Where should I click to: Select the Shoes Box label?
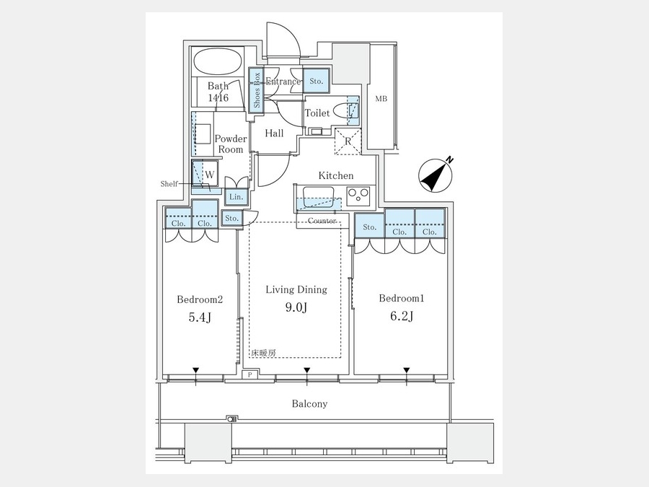(x=257, y=90)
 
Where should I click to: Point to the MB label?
(x=381, y=99)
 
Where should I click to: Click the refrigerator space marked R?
(x=348, y=141)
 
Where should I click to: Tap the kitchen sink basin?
(x=318, y=196)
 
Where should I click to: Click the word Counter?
(x=322, y=221)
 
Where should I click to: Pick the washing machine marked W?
(x=205, y=174)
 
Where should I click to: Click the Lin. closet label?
(x=237, y=197)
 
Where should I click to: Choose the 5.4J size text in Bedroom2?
(x=200, y=317)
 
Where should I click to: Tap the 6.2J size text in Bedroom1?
(x=402, y=316)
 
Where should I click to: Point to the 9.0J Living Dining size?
(x=296, y=307)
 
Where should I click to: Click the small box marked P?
(x=250, y=374)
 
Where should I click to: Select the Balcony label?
(x=309, y=404)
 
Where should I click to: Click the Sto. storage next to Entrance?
(x=317, y=81)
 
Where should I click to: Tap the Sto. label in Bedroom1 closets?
(x=370, y=227)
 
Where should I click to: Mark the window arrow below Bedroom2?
(x=195, y=370)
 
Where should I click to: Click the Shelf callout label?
(x=169, y=183)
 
